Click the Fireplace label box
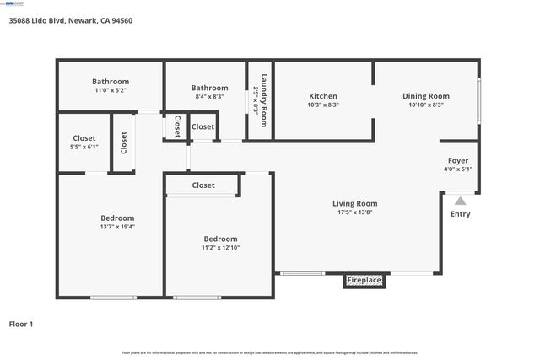pyautogui.click(x=364, y=280)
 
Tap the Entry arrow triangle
pyautogui.click(x=460, y=201)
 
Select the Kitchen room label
pyautogui.click(x=322, y=96)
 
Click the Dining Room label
pyautogui.click(x=426, y=96)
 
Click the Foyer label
pyautogui.click(x=458, y=160)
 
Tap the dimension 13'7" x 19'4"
pyautogui.click(x=117, y=227)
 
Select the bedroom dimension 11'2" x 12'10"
pyautogui.click(x=220, y=248)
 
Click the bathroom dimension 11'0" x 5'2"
pyautogui.click(x=111, y=91)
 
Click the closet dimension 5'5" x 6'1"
pyautogui.click(x=84, y=147)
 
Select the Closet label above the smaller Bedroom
pyautogui.click(x=203, y=185)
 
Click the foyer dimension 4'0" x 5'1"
pyautogui.click(x=458, y=169)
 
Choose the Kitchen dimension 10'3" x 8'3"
pyautogui.click(x=322, y=105)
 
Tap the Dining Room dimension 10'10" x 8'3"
pyautogui.click(x=426, y=105)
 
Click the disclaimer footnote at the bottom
pyautogui.click(x=269, y=352)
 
